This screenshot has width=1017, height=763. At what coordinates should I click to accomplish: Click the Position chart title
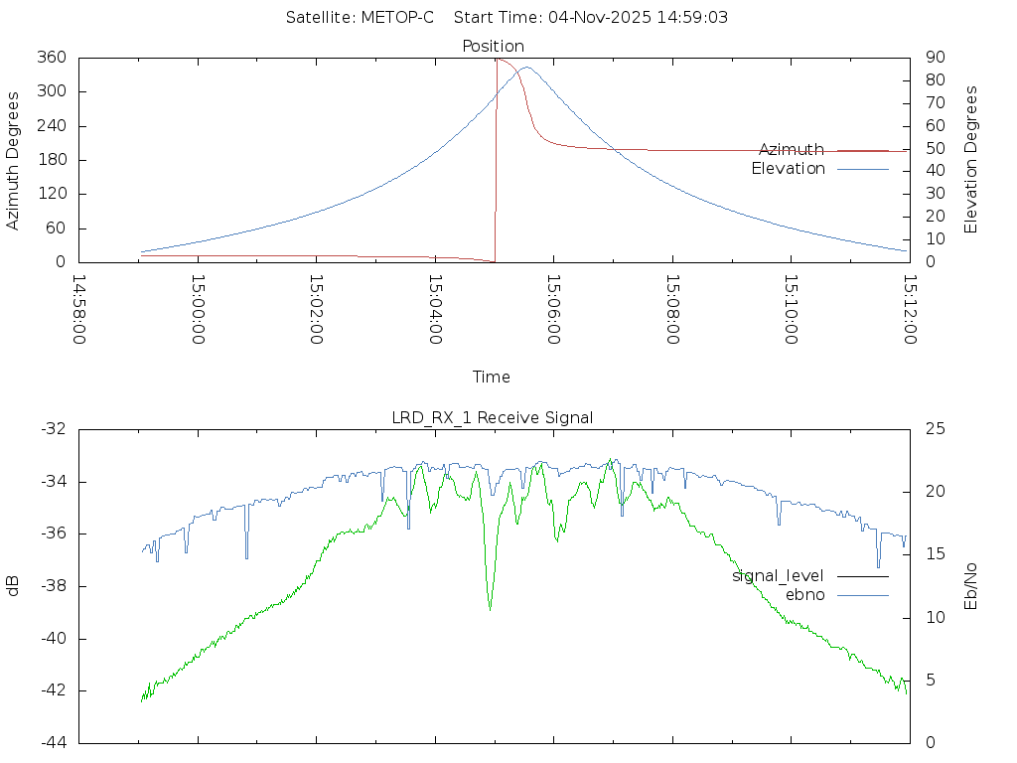pos(494,46)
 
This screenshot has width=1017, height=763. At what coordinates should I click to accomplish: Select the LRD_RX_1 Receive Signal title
pos(493,417)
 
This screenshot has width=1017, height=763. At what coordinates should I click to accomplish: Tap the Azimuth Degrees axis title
pos(13,160)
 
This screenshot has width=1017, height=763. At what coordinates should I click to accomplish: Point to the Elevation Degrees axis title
pos(971,160)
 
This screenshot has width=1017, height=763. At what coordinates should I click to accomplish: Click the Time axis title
pos(492,377)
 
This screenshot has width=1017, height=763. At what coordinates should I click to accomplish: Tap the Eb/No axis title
pos(971,585)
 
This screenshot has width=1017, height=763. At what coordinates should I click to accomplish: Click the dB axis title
pos(13,585)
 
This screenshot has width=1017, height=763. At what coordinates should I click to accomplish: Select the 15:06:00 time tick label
pos(553,310)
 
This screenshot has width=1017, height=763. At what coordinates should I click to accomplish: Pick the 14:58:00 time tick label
pos(78,310)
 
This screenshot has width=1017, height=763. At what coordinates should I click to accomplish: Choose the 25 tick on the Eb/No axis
pos(935,429)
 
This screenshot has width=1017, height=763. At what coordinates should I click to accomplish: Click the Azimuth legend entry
pos(792,150)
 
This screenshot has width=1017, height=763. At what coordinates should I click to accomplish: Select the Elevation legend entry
pos(789,169)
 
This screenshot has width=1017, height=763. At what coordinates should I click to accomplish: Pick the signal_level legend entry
pos(779,576)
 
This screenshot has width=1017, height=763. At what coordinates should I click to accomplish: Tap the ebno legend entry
pos(805,595)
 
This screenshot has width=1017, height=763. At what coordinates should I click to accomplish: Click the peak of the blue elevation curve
pos(525,68)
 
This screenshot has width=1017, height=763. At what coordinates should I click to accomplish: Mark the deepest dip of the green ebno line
pos(490,608)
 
